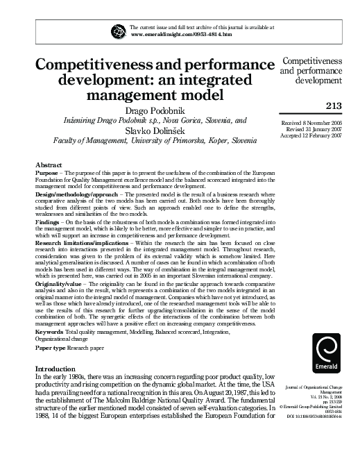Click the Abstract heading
[x=49, y=164]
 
